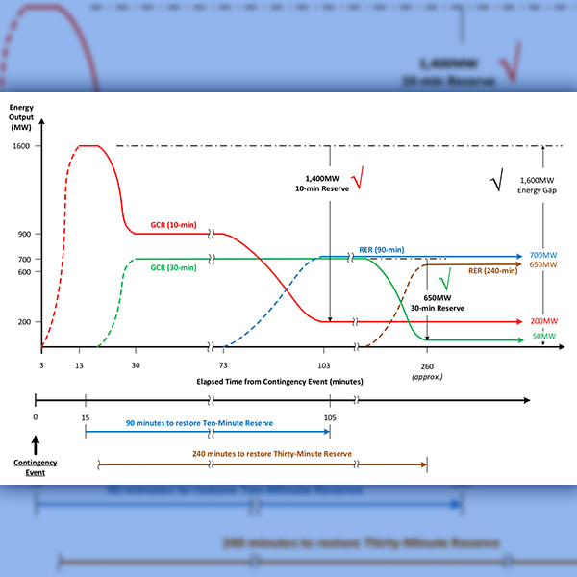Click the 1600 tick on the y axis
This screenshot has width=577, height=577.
coord(21,146)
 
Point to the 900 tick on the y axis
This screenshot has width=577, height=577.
coord(23,233)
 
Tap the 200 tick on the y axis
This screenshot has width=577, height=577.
coord(23,321)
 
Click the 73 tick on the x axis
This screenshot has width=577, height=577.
coord(223,365)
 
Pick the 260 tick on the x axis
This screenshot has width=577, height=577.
coord(427,365)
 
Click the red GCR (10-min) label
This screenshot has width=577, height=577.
coord(170,225)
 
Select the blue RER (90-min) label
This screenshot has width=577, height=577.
coord(382,250)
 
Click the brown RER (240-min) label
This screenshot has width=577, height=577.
coord(492,270)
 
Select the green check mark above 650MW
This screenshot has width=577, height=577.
coord(444,280)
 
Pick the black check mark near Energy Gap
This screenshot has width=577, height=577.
coord(496,181)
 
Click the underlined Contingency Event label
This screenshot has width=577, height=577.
coord(36,467)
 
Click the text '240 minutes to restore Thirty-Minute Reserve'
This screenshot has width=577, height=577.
coord(263,453)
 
